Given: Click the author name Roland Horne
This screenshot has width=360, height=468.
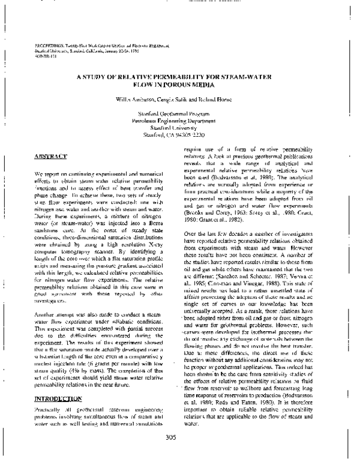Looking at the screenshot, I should click(x=214, y=98).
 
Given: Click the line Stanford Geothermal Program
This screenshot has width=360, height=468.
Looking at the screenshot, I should click(x=179, y=114).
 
